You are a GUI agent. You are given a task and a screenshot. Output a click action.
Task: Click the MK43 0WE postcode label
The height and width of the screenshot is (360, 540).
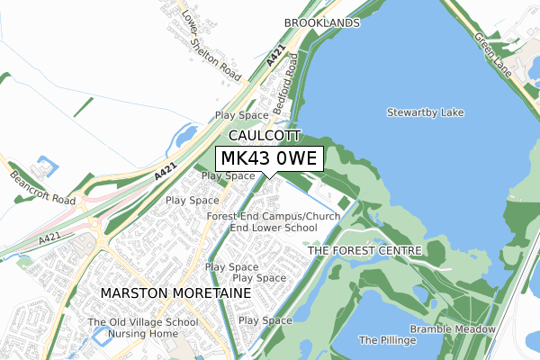point(268,158)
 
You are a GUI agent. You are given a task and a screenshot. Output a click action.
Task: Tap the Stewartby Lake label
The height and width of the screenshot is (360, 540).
point(425,112)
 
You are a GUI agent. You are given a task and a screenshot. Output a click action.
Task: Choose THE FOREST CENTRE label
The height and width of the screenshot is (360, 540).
point(364,250)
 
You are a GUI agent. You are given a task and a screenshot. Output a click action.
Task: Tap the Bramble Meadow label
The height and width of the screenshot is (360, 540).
point(453,329)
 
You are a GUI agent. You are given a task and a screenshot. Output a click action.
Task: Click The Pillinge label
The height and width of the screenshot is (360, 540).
point(387,340)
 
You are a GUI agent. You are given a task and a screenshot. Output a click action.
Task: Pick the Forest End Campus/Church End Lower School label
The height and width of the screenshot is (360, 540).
point(272,222)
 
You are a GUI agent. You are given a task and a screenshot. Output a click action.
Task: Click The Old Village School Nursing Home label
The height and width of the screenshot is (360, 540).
point(143,328)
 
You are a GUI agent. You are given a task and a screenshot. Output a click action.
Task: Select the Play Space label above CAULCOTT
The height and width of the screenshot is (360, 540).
point(241,115)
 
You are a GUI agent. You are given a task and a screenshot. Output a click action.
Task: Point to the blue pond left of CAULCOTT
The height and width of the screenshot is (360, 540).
point(186,138)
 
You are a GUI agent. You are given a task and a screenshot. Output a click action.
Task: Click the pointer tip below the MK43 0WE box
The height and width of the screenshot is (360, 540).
point(268,175)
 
